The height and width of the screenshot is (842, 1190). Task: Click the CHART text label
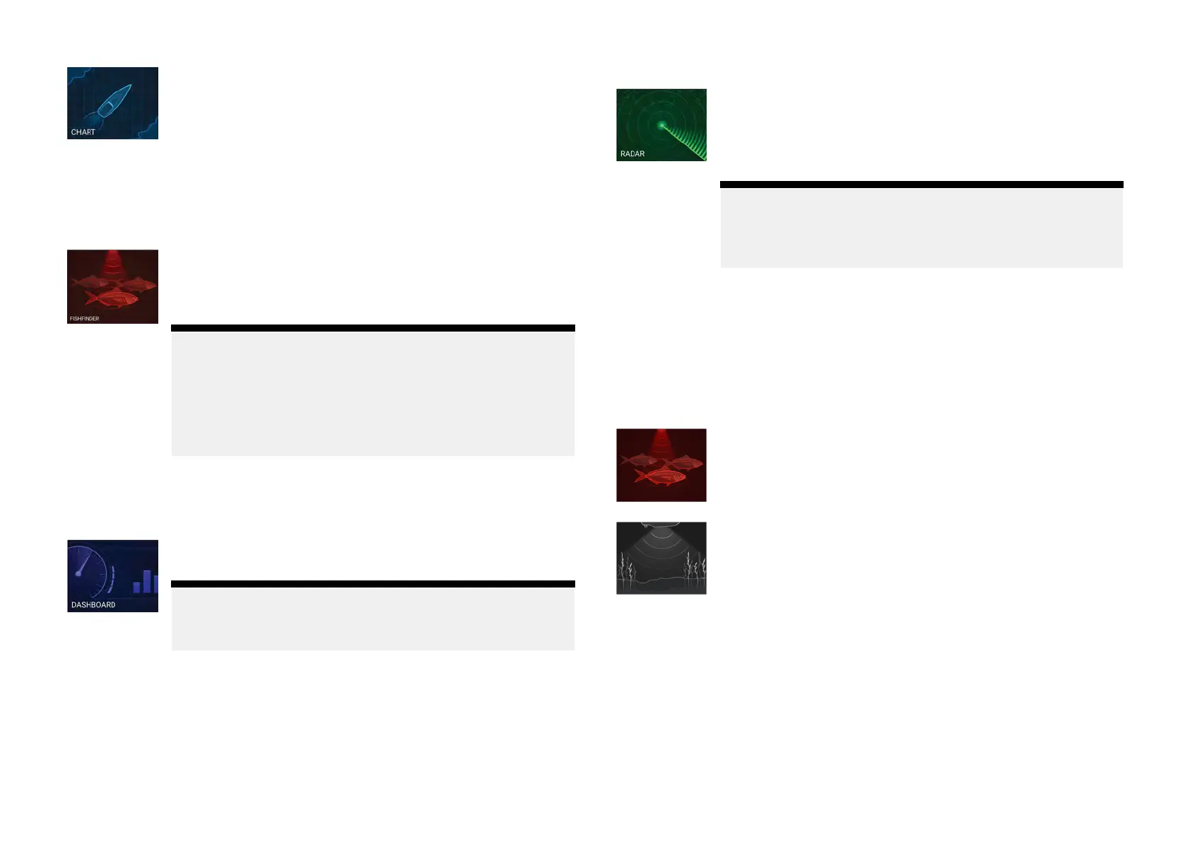(x=83, y=132)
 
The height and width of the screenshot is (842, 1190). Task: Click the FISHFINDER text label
(x=84, y=319)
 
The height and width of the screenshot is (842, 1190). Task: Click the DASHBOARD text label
(x=93, y=605)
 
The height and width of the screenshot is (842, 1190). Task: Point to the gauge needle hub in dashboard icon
(x=78, y=573)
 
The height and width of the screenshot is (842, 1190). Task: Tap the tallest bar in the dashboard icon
(x=147, y=581)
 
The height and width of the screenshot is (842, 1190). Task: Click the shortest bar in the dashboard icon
(x=136, y=587)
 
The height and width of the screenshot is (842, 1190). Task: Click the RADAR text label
(x=632, y=154)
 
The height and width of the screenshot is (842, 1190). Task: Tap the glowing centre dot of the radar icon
(x=662, y=125)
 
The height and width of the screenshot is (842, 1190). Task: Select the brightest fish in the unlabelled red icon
(x=661, y=476)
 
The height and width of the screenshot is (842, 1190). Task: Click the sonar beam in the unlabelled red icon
(x=661, y=442)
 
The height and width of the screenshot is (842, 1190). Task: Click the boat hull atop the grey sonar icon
(x=661, y=525)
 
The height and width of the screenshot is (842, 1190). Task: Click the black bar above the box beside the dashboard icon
(x=372, y=584)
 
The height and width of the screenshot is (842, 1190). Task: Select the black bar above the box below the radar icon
(x=921, y=185)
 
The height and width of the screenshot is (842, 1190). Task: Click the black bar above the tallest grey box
(x=372, y=328)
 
